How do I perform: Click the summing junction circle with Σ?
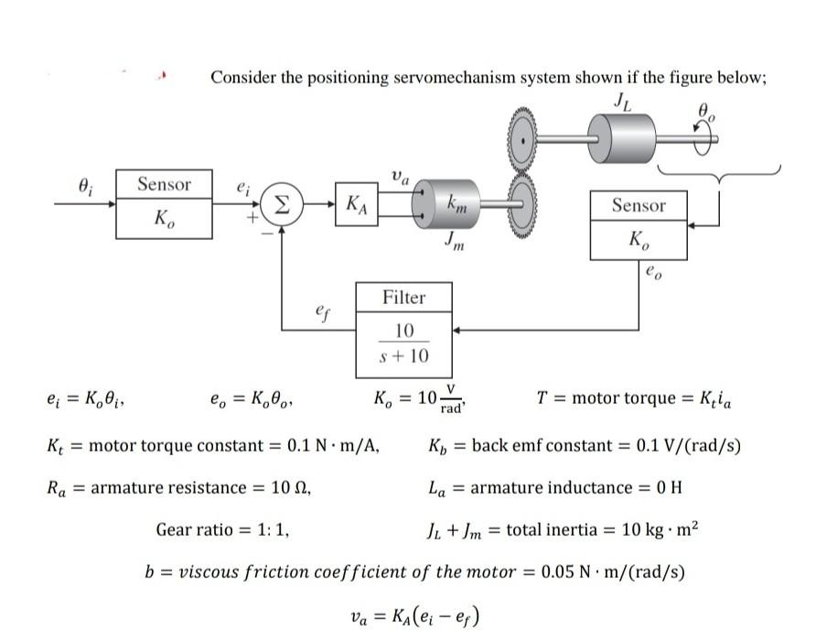(x=282, y=203)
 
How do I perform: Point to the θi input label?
(x=86, y=184)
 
